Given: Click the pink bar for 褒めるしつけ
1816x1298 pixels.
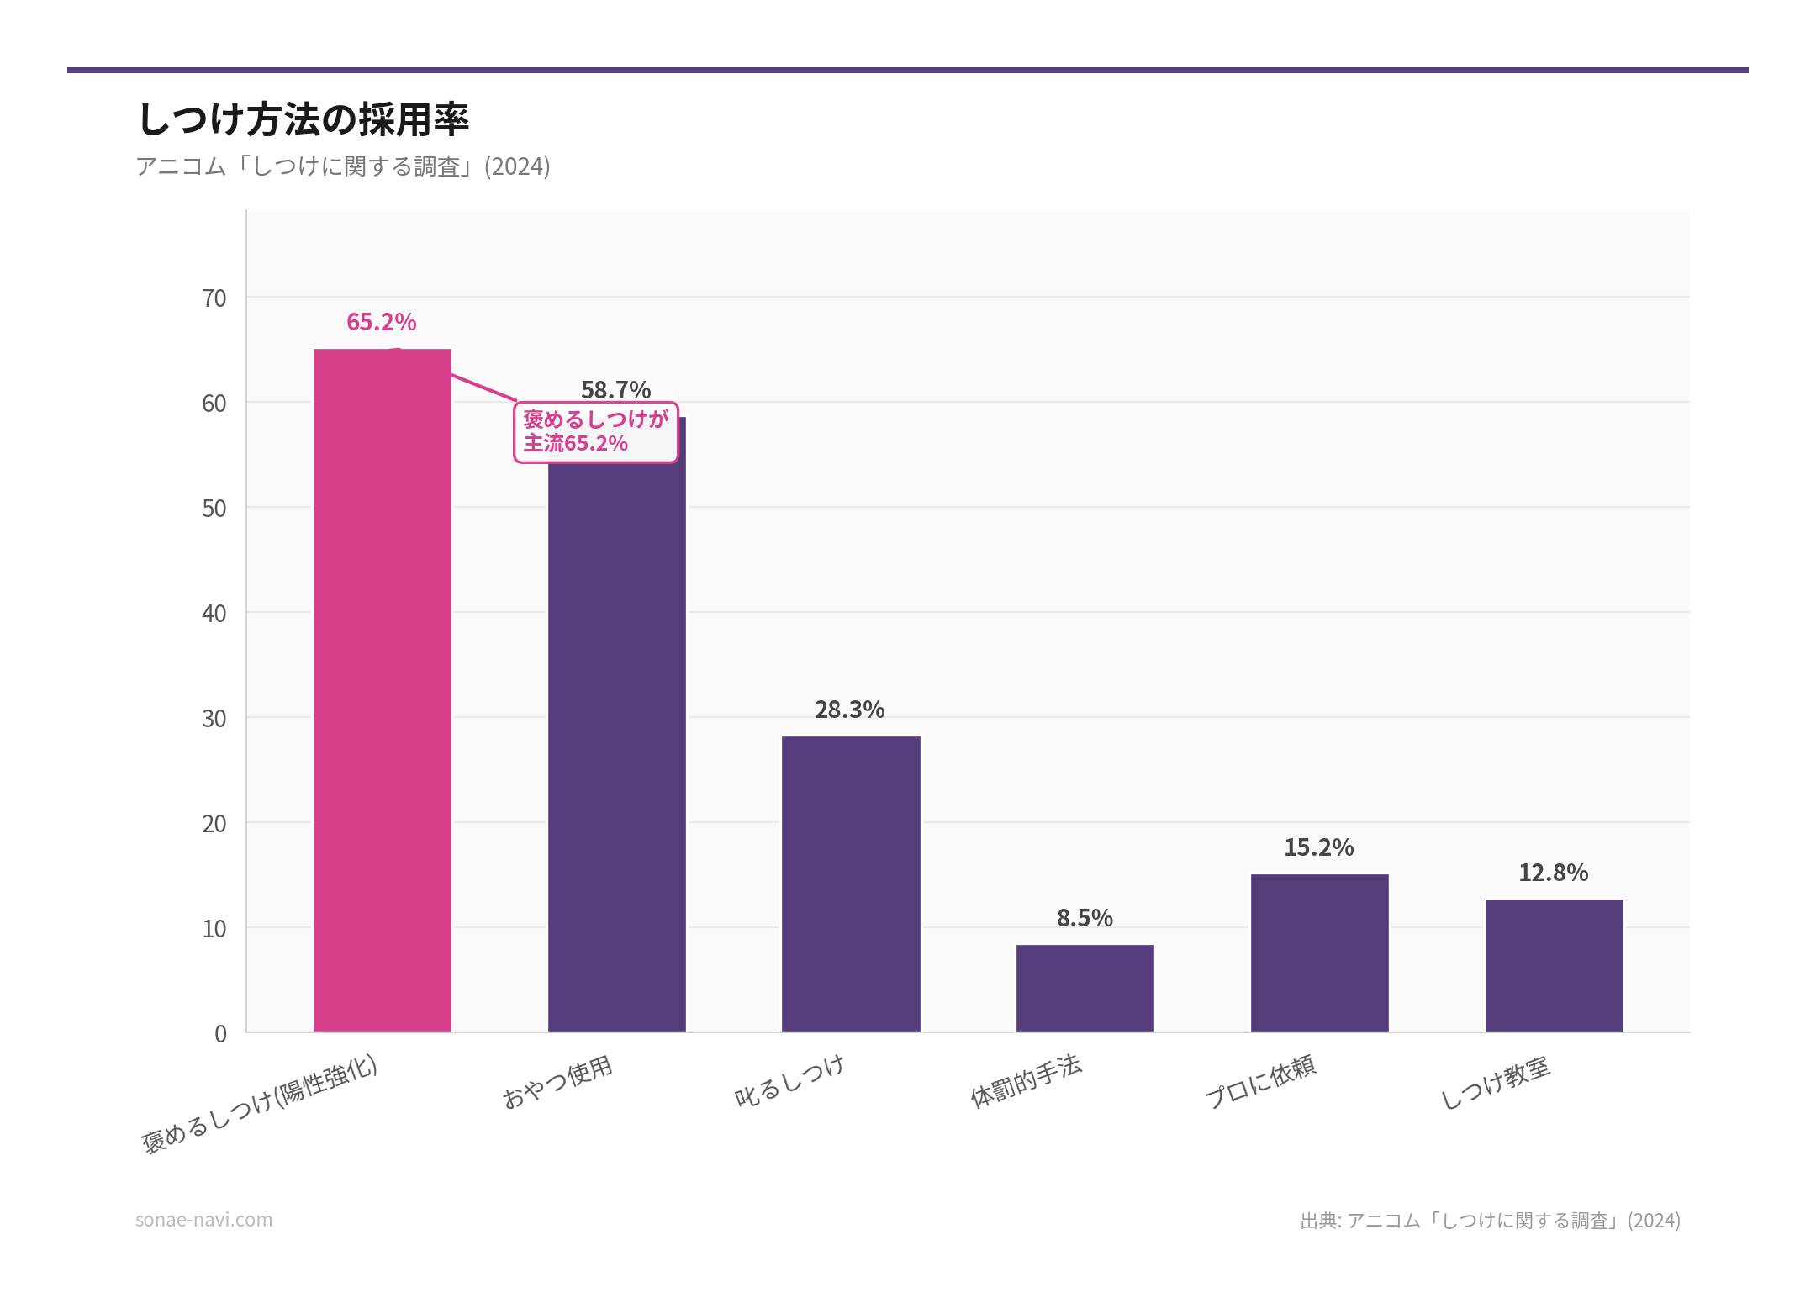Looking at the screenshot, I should click(383, 689).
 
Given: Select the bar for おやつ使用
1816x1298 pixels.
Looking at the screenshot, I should click(616, 740).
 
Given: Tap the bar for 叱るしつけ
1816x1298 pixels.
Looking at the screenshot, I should click(851, 883).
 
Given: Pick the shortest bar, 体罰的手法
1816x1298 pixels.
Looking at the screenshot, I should click(1085, 988).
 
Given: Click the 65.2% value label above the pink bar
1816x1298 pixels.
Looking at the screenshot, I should click(382, 322).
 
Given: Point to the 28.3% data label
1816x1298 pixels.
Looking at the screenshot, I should click(849, 710).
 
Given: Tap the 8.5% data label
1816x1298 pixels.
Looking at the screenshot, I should click(1085, 918).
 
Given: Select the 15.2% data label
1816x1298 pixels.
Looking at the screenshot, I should click(1318, 847).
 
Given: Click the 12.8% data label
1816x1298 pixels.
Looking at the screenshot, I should click(1553, 873).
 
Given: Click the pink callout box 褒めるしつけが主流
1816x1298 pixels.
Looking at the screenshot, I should click(595, 432).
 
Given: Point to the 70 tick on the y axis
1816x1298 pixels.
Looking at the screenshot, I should click(214, 298).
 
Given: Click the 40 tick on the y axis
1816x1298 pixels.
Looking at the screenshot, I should click(214, 614).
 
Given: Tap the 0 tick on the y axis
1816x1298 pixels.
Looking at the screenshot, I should click(220, 1034).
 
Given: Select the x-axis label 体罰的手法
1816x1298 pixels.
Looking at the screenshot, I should click(1026, 1082).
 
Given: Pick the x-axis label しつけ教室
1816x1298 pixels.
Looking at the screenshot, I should click(1495, 1083).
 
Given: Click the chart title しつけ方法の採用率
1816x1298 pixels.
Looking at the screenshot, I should click(303, 119).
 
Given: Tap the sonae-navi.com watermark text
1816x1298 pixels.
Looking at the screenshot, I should click(203, 1220).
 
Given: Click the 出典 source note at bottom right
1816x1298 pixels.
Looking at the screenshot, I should click(1490, 1221).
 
